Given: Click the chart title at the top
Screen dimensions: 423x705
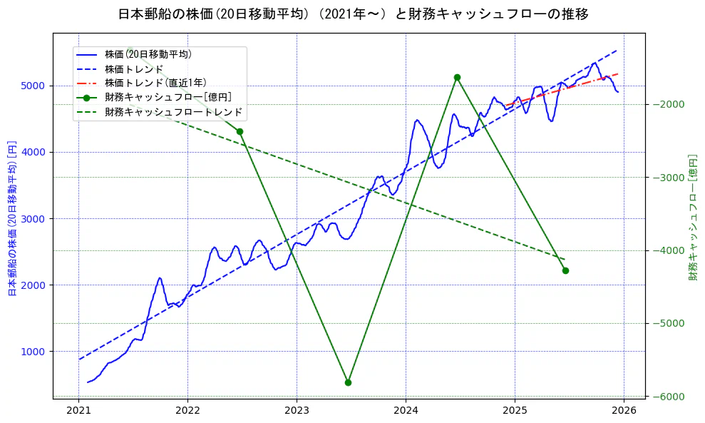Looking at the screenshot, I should click(353, 14).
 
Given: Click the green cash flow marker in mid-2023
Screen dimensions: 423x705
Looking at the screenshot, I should click(348, 382).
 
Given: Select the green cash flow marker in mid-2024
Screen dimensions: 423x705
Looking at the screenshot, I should click(457, 77).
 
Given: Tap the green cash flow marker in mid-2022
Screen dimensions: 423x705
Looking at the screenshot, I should click(240, 131).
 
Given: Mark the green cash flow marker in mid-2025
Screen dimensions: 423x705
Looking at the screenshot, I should click(565, 270).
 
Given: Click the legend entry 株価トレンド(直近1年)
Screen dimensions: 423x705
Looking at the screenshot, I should click(155, 83).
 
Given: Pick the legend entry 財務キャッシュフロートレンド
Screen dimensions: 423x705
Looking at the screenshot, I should click(173, 112).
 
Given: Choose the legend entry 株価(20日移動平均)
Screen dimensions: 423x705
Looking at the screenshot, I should click(148, 54).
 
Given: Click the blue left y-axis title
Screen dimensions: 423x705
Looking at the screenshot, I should click(12, 218).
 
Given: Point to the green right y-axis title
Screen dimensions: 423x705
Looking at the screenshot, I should click(692, 218).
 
